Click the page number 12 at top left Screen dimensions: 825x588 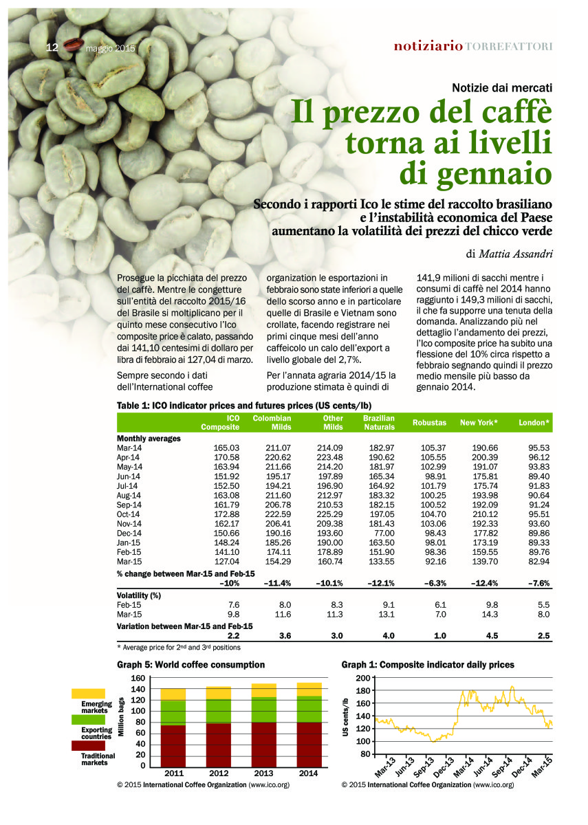click(52, 47)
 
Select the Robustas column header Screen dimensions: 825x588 click(429, 423)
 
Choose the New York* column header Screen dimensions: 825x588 click(479, 423)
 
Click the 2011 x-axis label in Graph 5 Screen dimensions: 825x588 click(173, 773)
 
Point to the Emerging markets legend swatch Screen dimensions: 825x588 click(89, 694)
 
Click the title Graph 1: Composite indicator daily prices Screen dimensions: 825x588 click(427, 665)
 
